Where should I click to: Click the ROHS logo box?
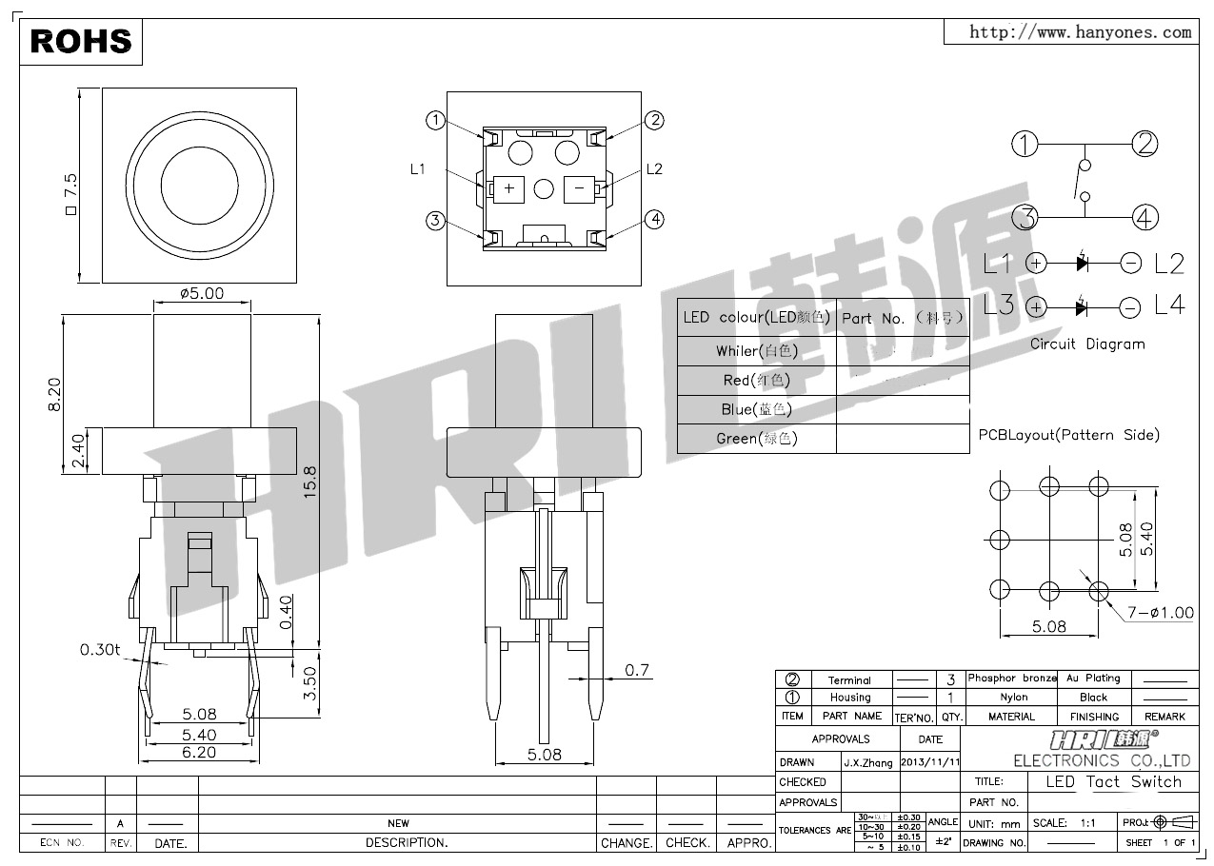pyautogui.click(x=81, y=40)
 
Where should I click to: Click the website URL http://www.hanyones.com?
pyautogui.click(x=1080, y=32)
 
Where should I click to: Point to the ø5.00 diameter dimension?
pyautogui.click(x=202, y=293)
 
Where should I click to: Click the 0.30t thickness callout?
pyautogui.click(x=100, y=650)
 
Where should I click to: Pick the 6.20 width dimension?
pyautogui.click(x=199, y=752)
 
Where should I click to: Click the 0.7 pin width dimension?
pyautogui.click(x=637, y=670)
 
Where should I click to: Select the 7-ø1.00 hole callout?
pyautogui.click(x=1160, y=613)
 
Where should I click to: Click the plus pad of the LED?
pyautogui.click(x=509, y=188)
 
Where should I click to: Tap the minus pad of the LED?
pyautogui.click(x=578, y=188)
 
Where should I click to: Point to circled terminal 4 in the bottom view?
pyautogui.click(x=654, y=220)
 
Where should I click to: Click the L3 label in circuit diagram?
pyautogui.click(x=999, y=305)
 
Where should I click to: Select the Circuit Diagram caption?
pyautogui.click(x=1087, y=344)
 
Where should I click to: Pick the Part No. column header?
pyautogui.click(x=903, y=318)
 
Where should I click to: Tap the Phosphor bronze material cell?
pyautogui.click(x=1011, y=679)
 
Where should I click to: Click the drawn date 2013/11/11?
pyautogui.click(x=930, y=762)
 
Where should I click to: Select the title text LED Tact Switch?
pyautogui.click(x=1113, y=781)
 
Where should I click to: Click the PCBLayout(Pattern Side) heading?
pyautogui.click(x=1069, y=435)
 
